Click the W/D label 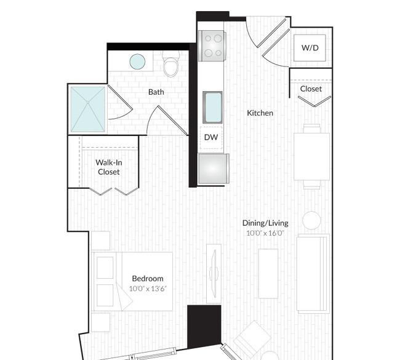pyautogui.click(x=310, y=48)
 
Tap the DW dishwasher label pyautogui.click(x=211, y=137)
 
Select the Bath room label pyautogui.click(x=156, y=92)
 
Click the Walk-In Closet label pyautogui.click(x=109, y=167)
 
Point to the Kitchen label pyautogui.click(x=260, y=113)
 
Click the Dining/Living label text pyautogui.click(x=265, y=223)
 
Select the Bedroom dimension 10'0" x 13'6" pyautogui.click(x=148, y=289)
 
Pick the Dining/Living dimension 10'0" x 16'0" pyautogui.click(x=265, y=233)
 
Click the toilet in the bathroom pyautogui.click(x=170, y=64)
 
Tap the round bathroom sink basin pyautogui.click(x=137, y=62)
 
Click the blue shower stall pyautogui.click(x=88, y=109)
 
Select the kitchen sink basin pyautogui.click(x=212, y=108)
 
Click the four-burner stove pyautogui.click(x=212, y=46)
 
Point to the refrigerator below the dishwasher pyautogui.click(x=214, y=169)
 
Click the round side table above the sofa pyautogui.click(x=311, y=220)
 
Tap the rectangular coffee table pyautogui.click(x=268, y=274)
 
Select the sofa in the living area pyautogui.click(x=313, y=274)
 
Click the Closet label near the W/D pyautogui.click(x=311, y=89)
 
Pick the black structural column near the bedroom pyautogui.click(x=204, y=327)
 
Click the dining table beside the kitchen pyautogui.click(x=312, y=157)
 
